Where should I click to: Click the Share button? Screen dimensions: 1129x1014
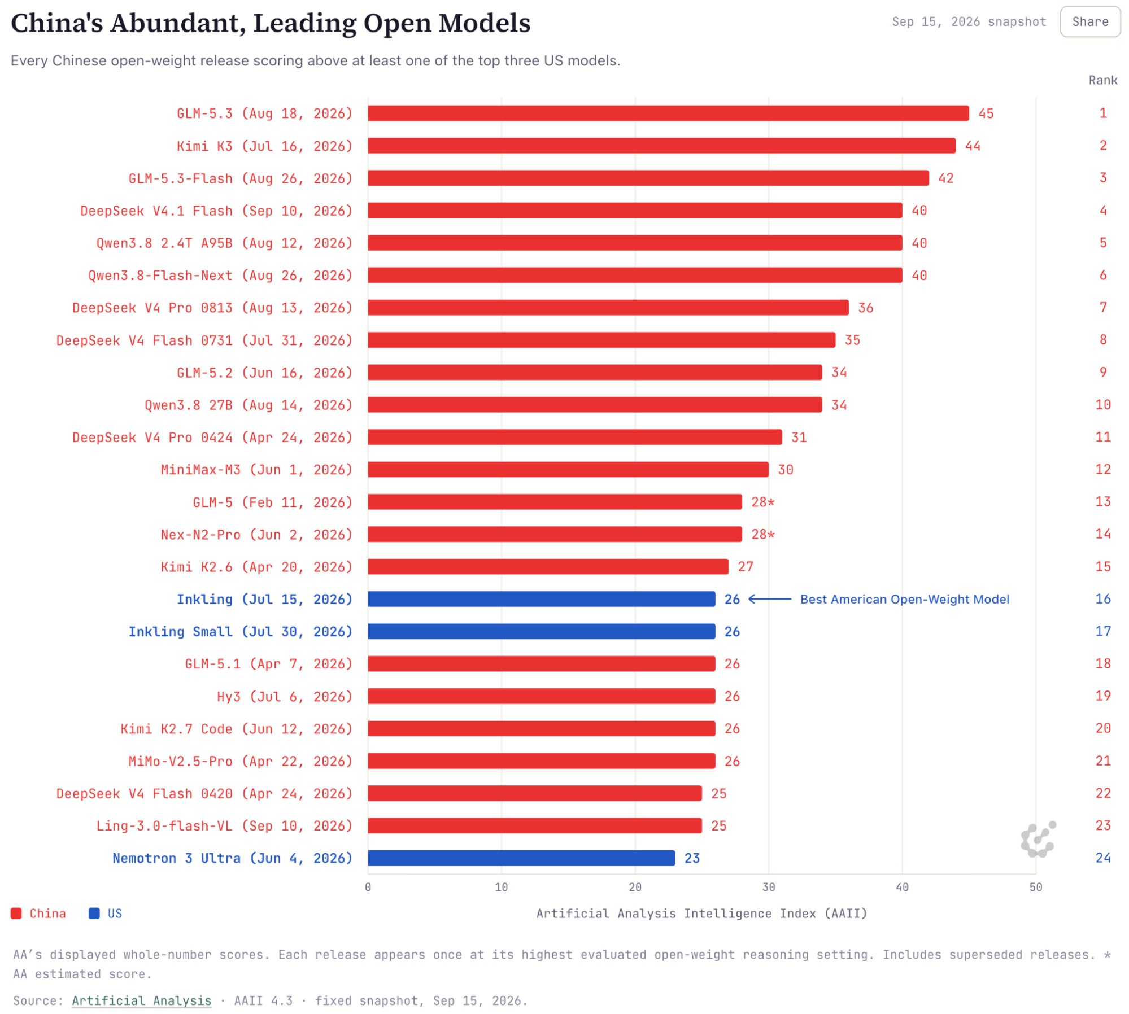1089,21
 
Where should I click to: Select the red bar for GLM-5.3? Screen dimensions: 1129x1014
668,113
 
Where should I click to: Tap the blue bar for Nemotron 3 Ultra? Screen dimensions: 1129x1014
521,858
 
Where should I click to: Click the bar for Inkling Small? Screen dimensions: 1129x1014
542,631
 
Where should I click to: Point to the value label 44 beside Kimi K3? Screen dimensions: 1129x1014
973,146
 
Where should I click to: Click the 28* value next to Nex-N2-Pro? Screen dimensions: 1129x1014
762,535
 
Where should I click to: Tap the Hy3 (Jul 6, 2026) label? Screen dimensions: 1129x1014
285,697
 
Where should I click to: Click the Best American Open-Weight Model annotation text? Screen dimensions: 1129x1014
904,599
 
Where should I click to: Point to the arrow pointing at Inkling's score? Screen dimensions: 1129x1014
770,599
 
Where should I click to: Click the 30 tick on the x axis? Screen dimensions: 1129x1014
769,887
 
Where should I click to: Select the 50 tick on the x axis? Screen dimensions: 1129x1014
1036,887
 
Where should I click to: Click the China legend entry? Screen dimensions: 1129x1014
38,914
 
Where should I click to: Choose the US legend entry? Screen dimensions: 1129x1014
106,914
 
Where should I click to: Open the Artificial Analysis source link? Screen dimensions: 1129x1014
142,1001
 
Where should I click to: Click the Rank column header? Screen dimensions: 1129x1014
1103,80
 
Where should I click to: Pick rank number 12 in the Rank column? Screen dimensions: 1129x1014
1103,469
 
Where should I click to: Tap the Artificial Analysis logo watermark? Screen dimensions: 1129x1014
1038,839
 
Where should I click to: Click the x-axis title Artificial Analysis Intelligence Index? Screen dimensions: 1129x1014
701,914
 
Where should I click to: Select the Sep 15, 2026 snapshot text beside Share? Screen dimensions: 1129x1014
969,21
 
